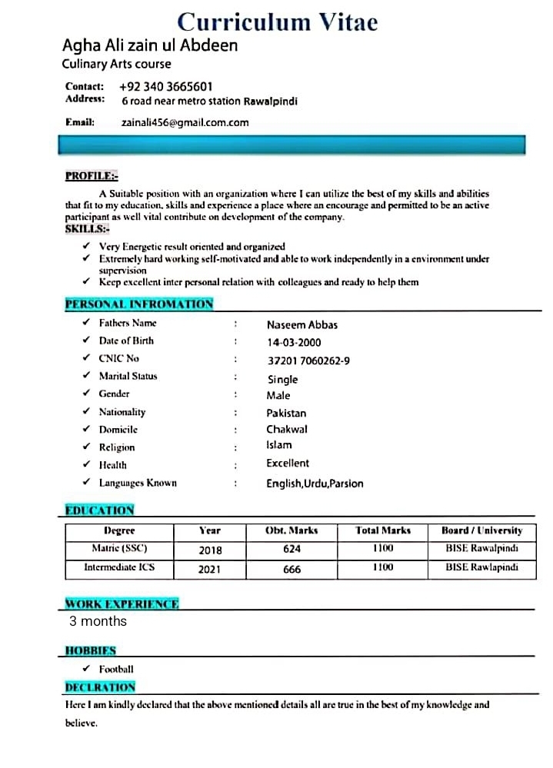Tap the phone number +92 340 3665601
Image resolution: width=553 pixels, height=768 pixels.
click(166, 87)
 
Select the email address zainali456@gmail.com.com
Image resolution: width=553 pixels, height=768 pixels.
click(185, 122)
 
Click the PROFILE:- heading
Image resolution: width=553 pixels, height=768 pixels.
click(92, 176)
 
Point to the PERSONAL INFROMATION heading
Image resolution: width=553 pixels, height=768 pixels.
click(139, 304)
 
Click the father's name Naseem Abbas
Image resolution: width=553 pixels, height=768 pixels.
click(301, 324)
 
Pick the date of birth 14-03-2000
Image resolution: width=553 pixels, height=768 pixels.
click(294, 342)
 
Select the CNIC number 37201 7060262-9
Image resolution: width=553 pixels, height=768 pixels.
click(308, 361)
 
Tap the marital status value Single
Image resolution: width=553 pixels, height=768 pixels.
click(282, 379)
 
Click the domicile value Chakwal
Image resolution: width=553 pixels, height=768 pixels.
click(287, 429)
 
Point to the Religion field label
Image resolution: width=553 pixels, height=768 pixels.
click(116, 447)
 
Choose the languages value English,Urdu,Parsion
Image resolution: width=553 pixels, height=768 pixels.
click(315, 484)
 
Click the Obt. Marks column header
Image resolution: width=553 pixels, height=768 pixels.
click(291, 530)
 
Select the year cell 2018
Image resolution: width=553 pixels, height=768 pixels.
click(210, 550)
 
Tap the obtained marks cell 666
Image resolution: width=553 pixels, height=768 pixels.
click(291, 570)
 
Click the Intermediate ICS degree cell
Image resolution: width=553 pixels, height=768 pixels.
click(119, 567)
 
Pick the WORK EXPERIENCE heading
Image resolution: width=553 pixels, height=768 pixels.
click(122, 604)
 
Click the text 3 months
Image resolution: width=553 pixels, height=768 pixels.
click(98, 621)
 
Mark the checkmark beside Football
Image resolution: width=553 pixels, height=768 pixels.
click(86, 669)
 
